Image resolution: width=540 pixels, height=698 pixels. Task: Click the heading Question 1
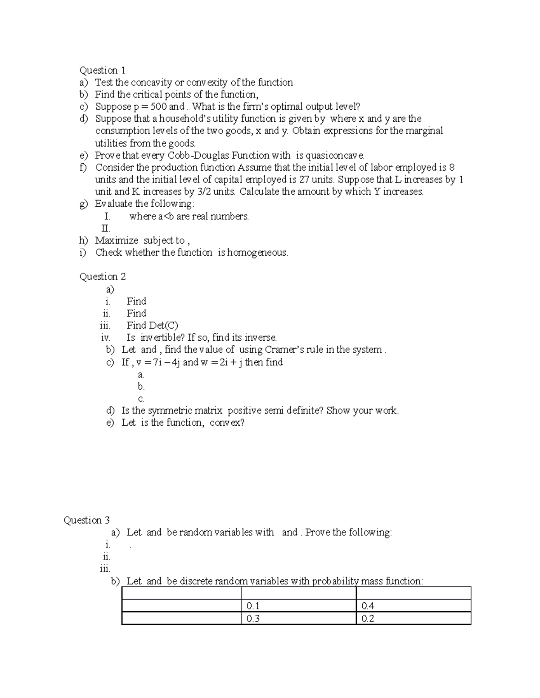click(x=102, y=70)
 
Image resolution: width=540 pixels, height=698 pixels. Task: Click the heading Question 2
click(x=102, y=276)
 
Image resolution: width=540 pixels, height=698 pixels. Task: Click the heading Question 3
click(x=86, y=520)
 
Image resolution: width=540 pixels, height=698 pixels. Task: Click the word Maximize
click(x=117, y=240)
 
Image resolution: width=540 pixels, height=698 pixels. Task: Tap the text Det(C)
click(x=163, y=325)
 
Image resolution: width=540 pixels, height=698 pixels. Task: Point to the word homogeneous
click(x=257, y=253)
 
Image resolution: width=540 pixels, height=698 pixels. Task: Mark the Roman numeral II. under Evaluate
click(x=106, y=228)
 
